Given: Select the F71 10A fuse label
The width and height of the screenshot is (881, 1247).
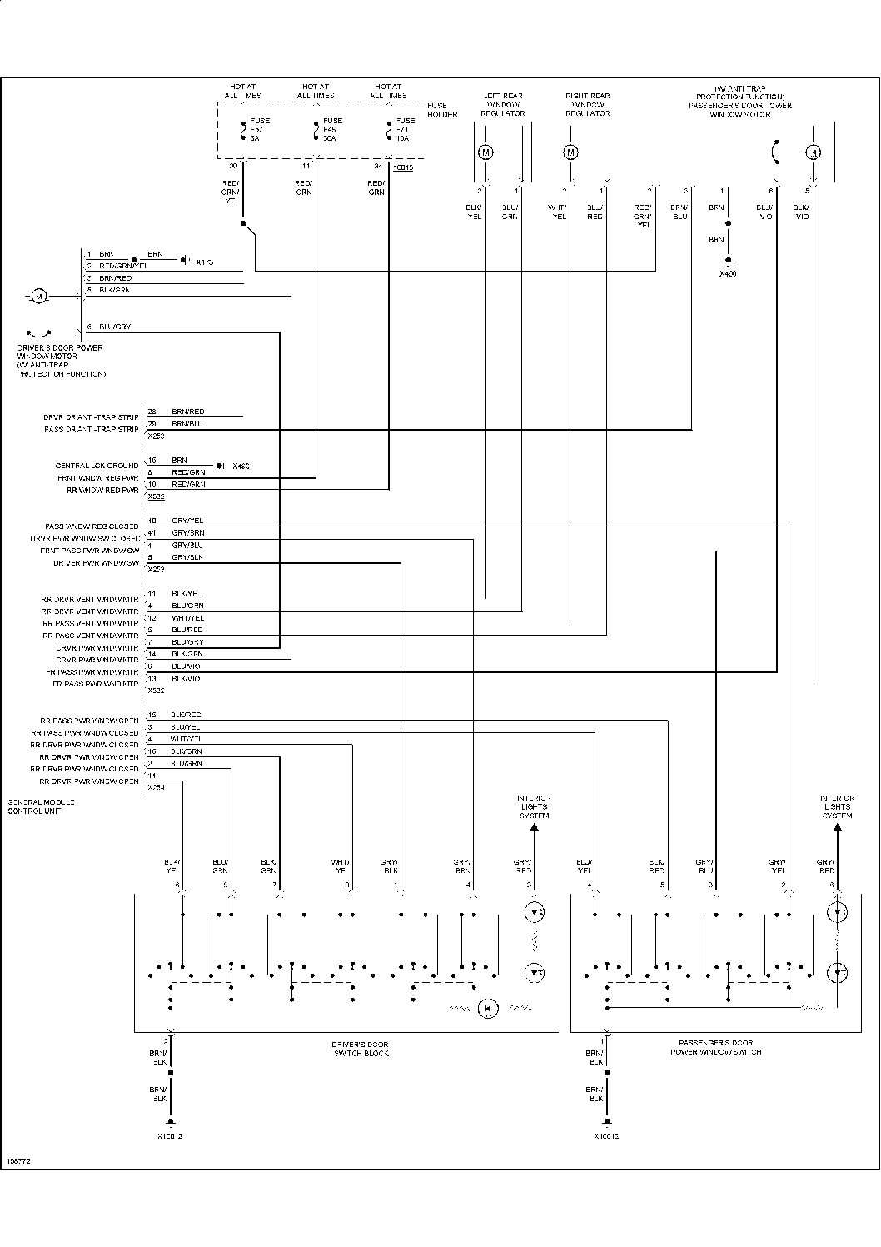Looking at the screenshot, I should tap(402, 130).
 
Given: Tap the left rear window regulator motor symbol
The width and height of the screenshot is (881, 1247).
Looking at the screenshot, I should tap(485, 152).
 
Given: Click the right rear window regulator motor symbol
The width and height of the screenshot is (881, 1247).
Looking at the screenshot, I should tap(570, 152).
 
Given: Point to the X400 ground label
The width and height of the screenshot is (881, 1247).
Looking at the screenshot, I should tap(728, 273).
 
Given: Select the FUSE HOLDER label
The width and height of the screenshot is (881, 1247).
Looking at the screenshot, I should tap(442, 110).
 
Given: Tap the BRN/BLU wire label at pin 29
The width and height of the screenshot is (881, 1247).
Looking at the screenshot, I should tap(187, 424).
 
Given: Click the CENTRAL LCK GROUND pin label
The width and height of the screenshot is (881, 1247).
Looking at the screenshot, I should tap(97, 466).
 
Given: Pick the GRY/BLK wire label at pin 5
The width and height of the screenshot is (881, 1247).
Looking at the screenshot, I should tap(187, 557).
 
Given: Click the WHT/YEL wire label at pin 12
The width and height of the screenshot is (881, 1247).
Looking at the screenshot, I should tap(187, 618).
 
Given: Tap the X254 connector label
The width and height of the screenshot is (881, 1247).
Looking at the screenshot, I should tap(156, 787).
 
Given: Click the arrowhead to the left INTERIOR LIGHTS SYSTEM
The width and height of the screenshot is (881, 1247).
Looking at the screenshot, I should tap(534, 827).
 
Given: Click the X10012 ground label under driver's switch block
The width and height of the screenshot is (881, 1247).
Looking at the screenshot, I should tap(169, 1136).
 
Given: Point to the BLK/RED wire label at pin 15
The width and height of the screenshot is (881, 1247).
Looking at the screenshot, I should tap(187, 716).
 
